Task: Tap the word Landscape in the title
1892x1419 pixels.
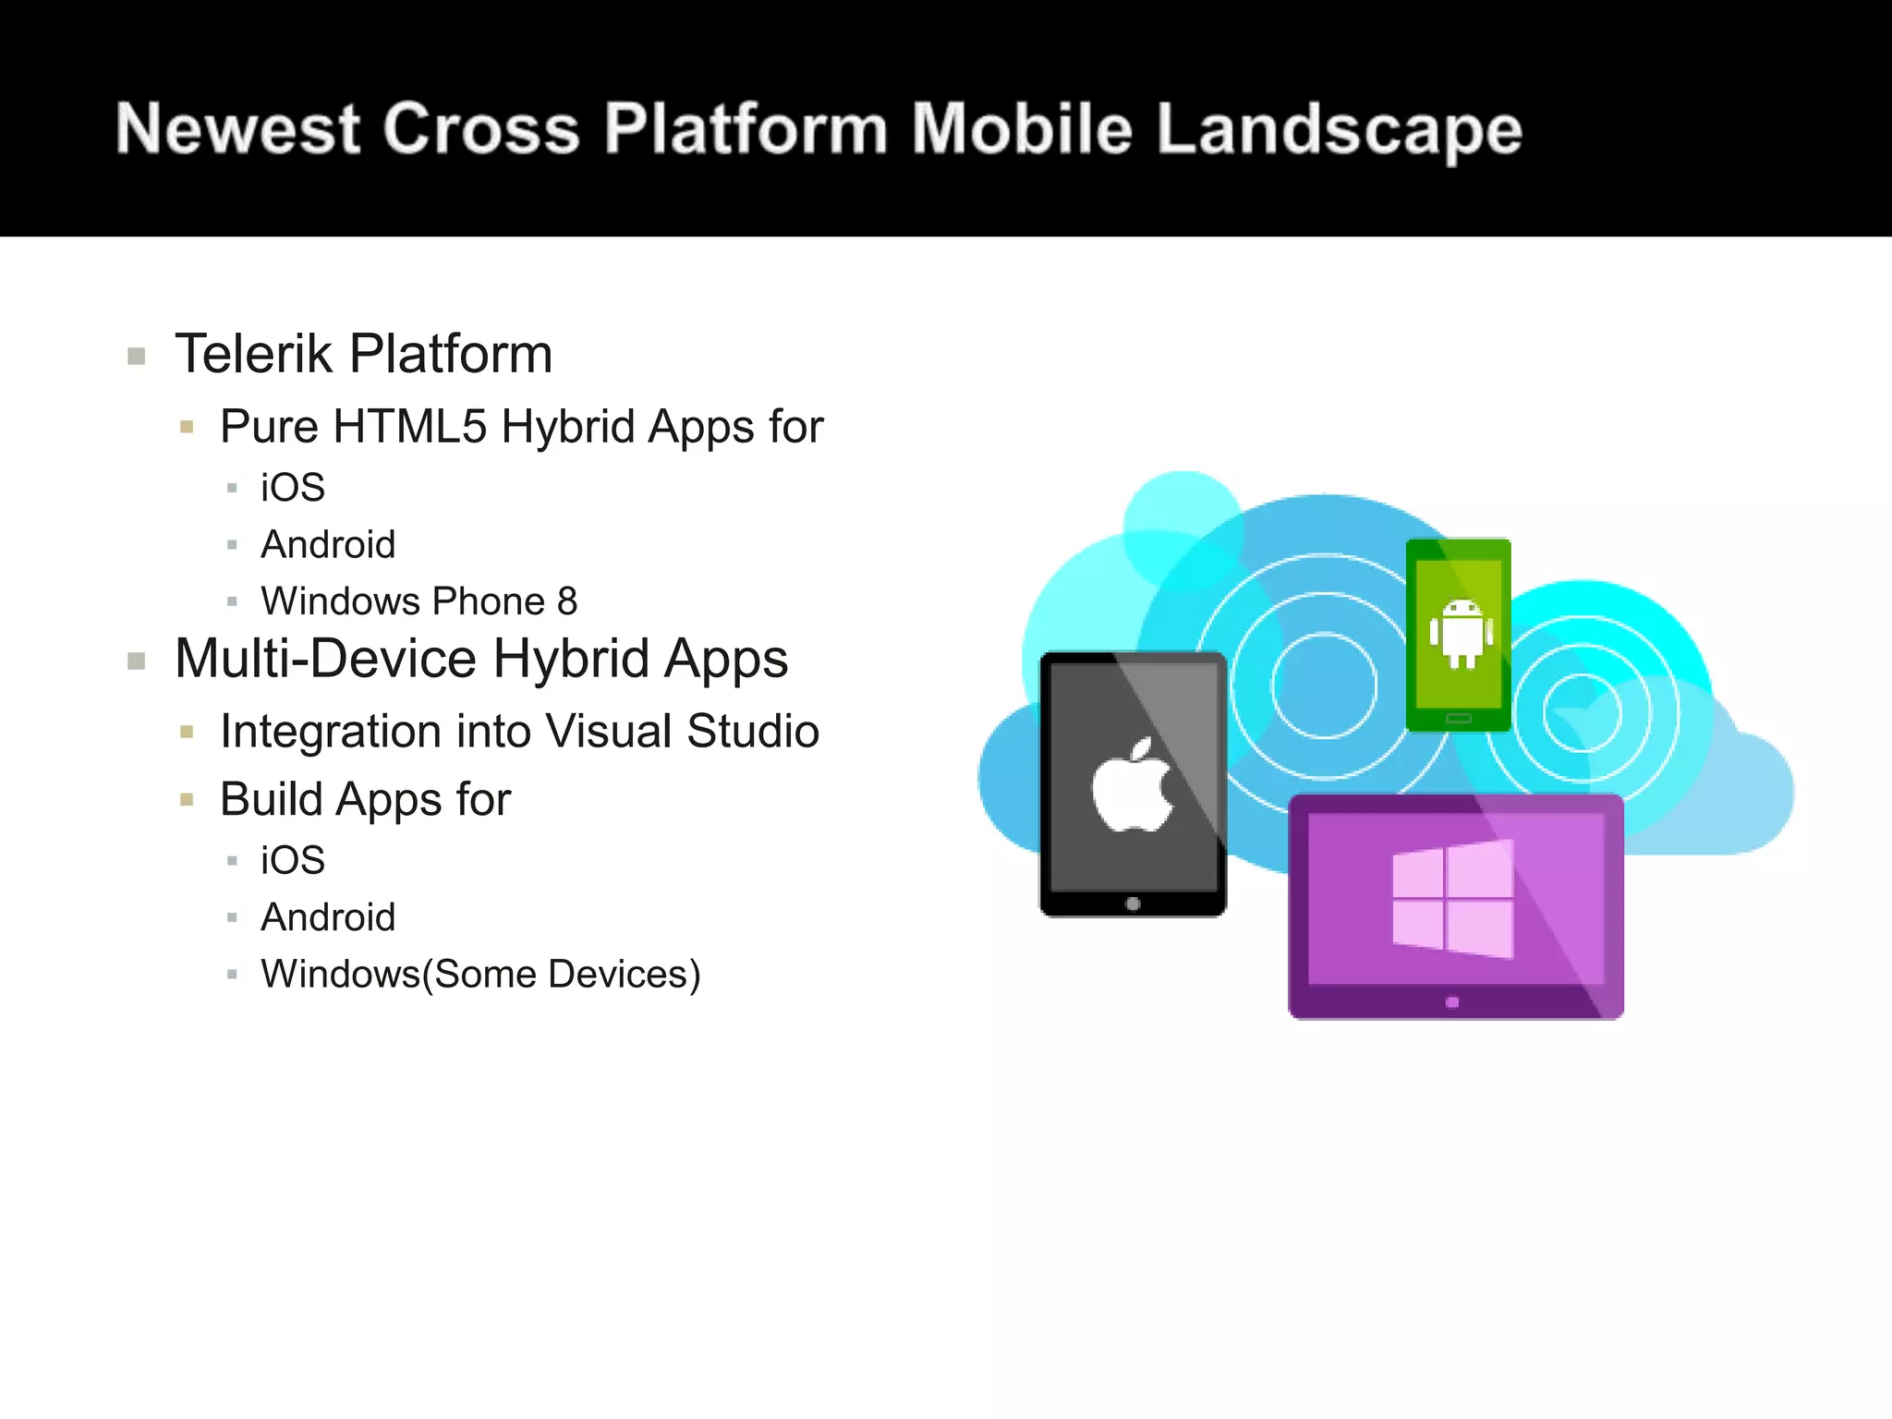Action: coord(1339,129)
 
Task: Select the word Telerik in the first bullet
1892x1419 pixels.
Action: coord(253,354)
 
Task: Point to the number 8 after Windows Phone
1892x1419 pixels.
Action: coord(566,601)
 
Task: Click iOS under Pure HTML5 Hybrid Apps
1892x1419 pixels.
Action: coord(293,488)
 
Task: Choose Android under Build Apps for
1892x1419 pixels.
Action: coord(328,917)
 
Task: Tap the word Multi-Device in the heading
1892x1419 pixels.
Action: coord(325,659)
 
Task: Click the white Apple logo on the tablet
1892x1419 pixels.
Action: coord(1132,785)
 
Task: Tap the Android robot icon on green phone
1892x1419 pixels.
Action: coord(1461,633)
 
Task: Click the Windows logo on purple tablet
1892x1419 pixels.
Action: coord(1452,899)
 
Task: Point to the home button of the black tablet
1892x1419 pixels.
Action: coord(1134,904)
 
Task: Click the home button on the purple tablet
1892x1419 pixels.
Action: coord(1452,1002)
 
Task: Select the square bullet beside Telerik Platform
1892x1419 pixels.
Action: coord(137,357)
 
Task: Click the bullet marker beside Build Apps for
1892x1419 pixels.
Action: coord(187,800)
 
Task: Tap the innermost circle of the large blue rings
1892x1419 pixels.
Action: coord(1324,685)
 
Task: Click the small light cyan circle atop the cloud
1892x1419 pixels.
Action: coord(1182,517)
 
